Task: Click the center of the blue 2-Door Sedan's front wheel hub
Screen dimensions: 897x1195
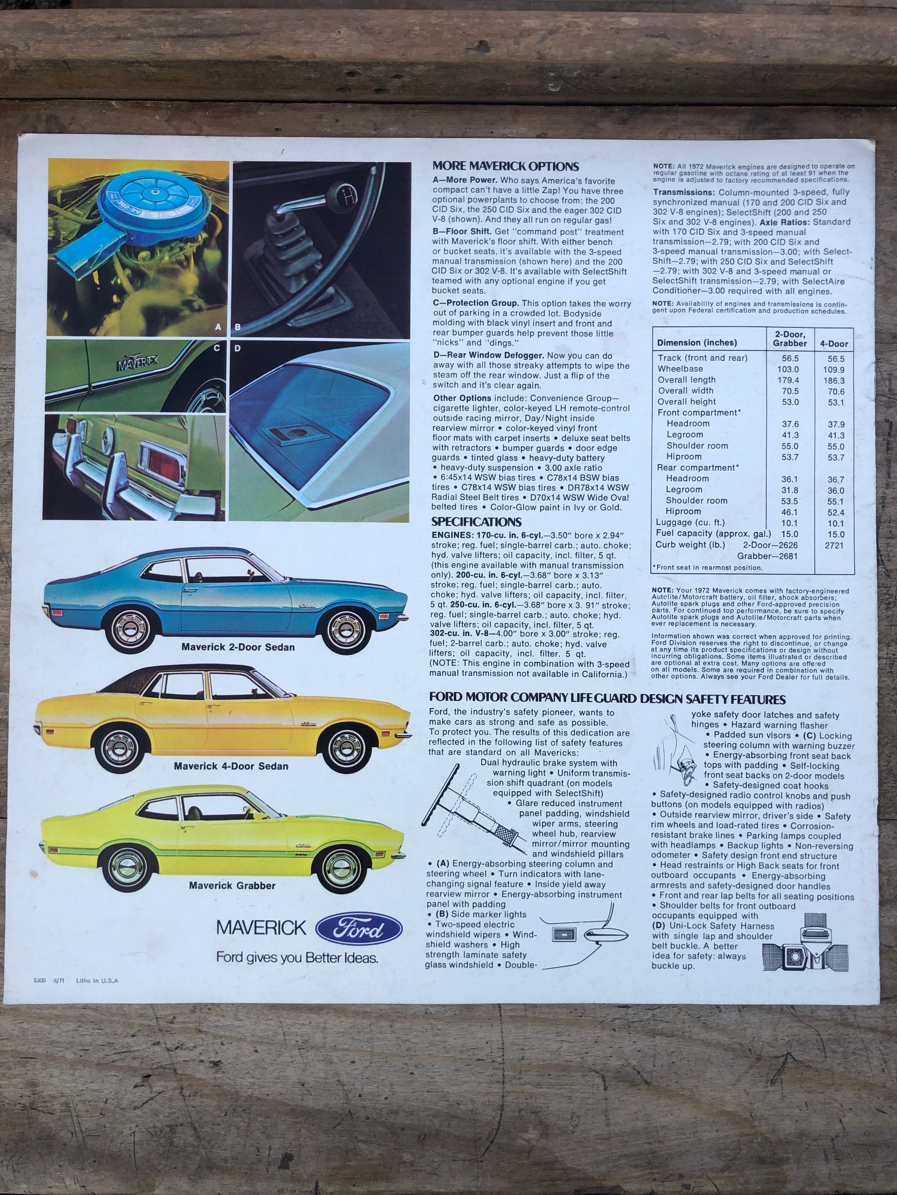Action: (x=342, y=628)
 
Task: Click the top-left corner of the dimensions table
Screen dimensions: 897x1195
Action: (x=653, y=327)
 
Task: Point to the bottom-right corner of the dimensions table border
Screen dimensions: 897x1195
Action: (x=854, y=574)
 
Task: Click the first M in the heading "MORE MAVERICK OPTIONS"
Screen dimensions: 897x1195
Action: (x=437, y=166)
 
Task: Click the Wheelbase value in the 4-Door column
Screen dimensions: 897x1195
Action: (x=834, y=369)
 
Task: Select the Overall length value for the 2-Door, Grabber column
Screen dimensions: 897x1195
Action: (x=788, y=380)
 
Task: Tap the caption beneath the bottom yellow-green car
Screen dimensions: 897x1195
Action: (x=232, y=886)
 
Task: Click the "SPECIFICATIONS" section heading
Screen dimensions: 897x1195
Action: (x=476, y=522)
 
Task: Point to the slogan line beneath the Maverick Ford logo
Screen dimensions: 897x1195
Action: (x=297, y=958)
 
